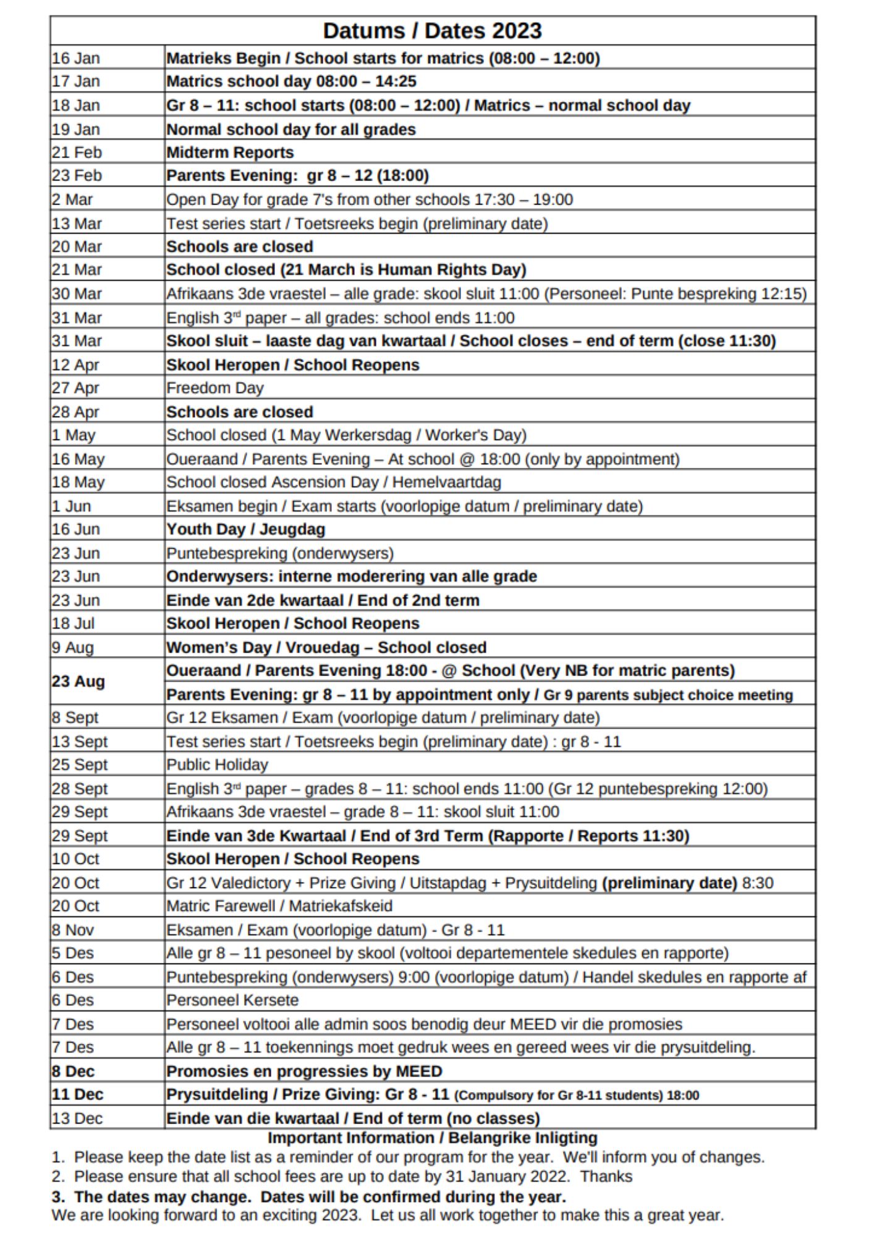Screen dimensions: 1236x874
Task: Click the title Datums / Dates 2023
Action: coord(432,31)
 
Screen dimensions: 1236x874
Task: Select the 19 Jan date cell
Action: coord(75,129)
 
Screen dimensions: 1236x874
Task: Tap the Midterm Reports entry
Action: coord(230,152)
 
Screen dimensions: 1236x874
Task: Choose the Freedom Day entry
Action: coord(214,388)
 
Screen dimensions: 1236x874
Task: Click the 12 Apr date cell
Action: coord(75,365)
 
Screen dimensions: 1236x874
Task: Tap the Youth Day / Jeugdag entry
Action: coord(245,530)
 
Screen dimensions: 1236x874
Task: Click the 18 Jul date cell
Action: coord(73,624)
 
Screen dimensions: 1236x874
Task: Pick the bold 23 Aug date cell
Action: coord(78,682)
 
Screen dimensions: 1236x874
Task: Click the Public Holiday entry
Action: coord(217,765)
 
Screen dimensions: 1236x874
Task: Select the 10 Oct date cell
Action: coord(75,859)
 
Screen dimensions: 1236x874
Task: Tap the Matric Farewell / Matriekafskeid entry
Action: coord(279,906)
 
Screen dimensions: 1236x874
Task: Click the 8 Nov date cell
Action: coord(73,930)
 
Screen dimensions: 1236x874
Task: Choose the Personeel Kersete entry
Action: coord(232,1001)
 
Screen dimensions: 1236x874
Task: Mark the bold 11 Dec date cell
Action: coord(78,1094)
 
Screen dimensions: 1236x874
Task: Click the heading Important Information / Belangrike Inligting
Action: coord(432,1138)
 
